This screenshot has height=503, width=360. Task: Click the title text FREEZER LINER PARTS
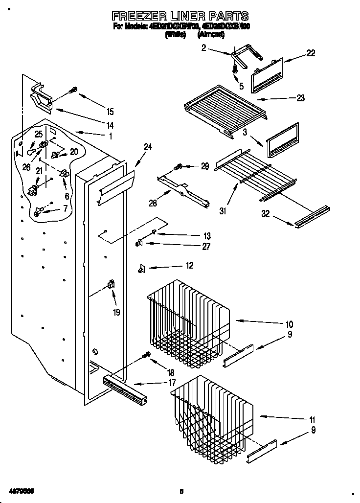coord(180,16)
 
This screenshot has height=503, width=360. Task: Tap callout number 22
coord(311,53)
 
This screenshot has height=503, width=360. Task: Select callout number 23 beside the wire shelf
coord(300,98)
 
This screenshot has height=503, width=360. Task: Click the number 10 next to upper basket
coord(289,324)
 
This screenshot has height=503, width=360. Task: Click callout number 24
coord(148,146)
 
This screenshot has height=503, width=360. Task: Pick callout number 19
coord(116,311)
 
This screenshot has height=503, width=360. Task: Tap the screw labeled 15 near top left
coord(74,90)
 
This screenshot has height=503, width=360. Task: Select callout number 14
coord(110,124)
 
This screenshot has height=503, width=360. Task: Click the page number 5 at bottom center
coord(181,491)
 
